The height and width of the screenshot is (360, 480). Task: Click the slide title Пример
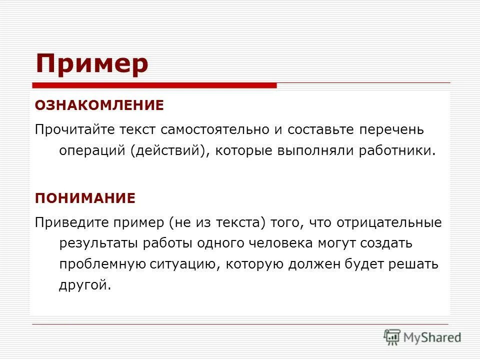pos(92,63)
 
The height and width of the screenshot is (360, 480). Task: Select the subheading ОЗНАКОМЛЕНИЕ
pos(99,105)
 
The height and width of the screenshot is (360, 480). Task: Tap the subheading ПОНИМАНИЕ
pos(85,198)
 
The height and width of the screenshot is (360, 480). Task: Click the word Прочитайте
pos(74,130)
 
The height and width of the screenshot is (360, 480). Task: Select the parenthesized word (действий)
pos(170,151)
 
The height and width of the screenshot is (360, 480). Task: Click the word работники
pos(397,151)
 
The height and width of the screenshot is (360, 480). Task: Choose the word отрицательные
pos(388,222)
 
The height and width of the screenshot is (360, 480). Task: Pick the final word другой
pos(83,285)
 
